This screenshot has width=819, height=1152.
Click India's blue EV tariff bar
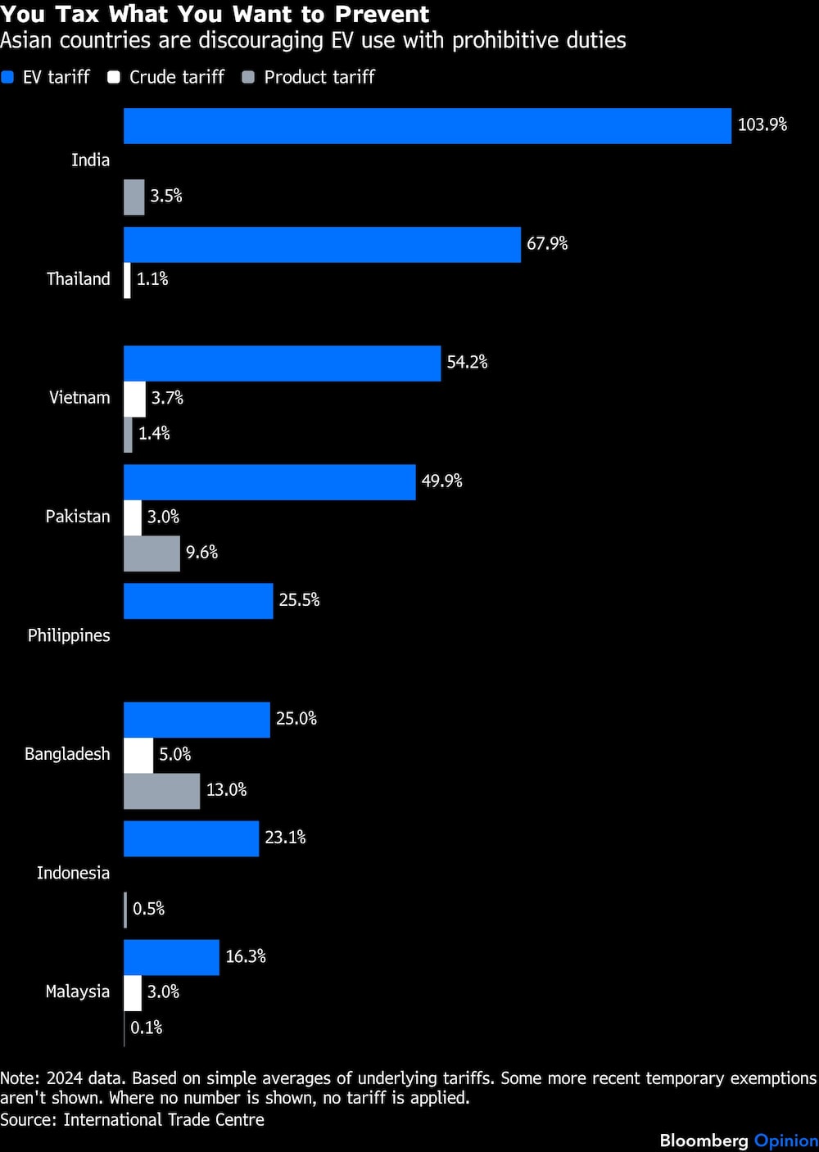click(x=427, y=126)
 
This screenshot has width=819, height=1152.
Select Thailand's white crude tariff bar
click(x=127, y=280)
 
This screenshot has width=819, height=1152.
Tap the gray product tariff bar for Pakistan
click(x=152, y=553)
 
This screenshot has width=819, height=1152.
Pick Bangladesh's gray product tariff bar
click(x=161, y=791)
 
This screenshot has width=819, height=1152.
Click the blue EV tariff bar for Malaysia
click(x=171, y=957)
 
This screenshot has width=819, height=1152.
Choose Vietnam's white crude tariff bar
click(x=134, y=399)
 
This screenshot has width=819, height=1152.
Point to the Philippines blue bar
click(x=198, y=601)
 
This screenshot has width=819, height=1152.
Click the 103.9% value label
click(x=762, y=124)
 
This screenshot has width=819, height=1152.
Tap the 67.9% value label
click(x=546, y=243)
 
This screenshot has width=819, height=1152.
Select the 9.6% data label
click(x=201, y=553)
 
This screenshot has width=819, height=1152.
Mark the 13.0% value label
click(x=226, y=790)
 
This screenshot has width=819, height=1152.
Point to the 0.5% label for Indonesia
click(x=148, y=909)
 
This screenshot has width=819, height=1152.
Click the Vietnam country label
click(x=79, y=398)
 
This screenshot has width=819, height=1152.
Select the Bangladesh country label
click(x=67, y=754)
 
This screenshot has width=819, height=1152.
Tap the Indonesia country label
click(x=73, y=873)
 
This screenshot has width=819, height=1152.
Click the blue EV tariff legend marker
click(x=8, y=77)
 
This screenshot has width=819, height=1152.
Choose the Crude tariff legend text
click(x=176, y=77)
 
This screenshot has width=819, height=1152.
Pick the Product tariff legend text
click(x=319, y=77)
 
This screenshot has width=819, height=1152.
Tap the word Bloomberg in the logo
click(x=704, y=1141)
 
